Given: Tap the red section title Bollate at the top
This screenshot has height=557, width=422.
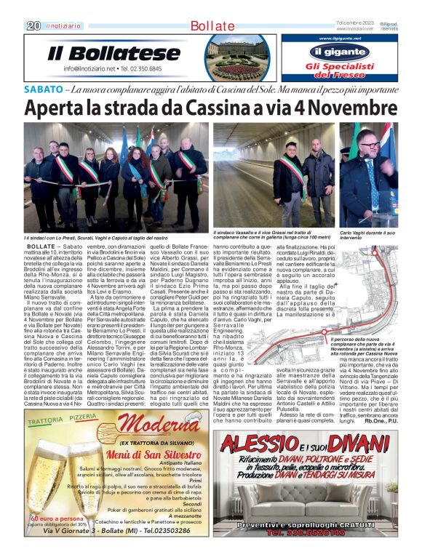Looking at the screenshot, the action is click(x=212, y=25).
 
